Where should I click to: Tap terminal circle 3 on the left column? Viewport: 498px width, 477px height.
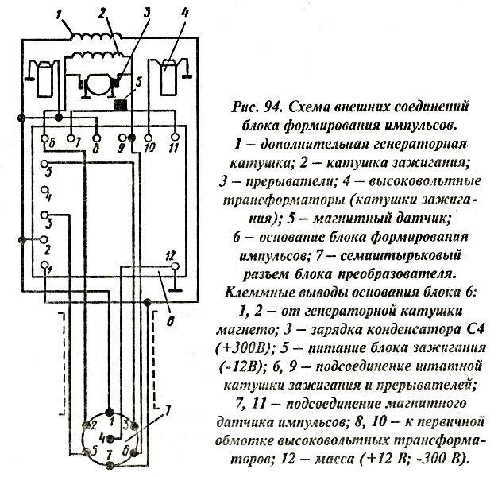click(x=45, y=216)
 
